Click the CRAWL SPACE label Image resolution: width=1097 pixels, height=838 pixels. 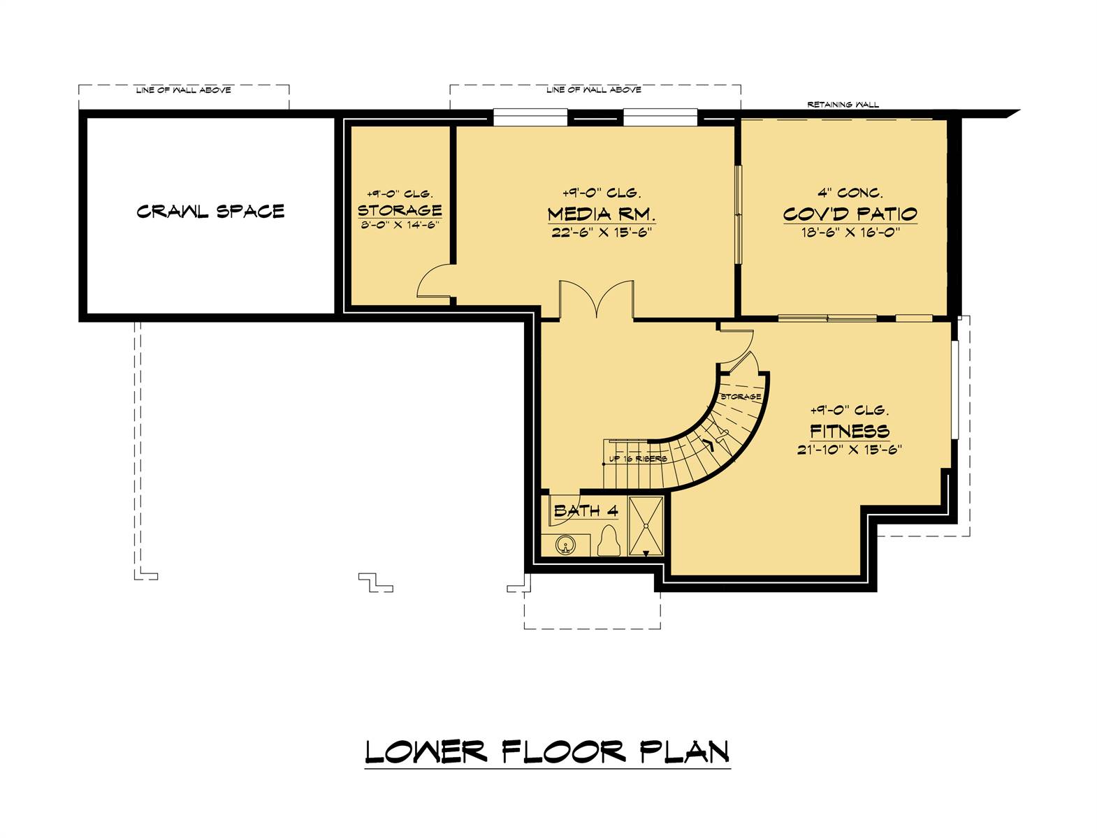(210, 211)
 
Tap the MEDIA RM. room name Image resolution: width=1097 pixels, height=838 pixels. (601, 214)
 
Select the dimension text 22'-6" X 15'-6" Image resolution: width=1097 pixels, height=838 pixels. (601, 233)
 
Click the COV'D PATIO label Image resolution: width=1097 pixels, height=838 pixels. (850, 214)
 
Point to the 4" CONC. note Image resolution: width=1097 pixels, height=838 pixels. (850, 193)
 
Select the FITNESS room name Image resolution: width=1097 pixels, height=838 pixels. (850, 431)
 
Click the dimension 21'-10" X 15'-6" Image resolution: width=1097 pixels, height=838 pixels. (850, 450)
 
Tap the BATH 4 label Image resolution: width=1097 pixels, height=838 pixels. (586, 511)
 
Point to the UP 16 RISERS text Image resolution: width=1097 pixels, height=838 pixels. (637, 459)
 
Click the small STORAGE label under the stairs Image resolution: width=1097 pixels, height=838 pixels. (741, 397)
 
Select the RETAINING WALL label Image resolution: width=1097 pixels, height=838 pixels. (843, 105)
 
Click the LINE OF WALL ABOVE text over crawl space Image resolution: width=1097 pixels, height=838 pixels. (184, 90)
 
